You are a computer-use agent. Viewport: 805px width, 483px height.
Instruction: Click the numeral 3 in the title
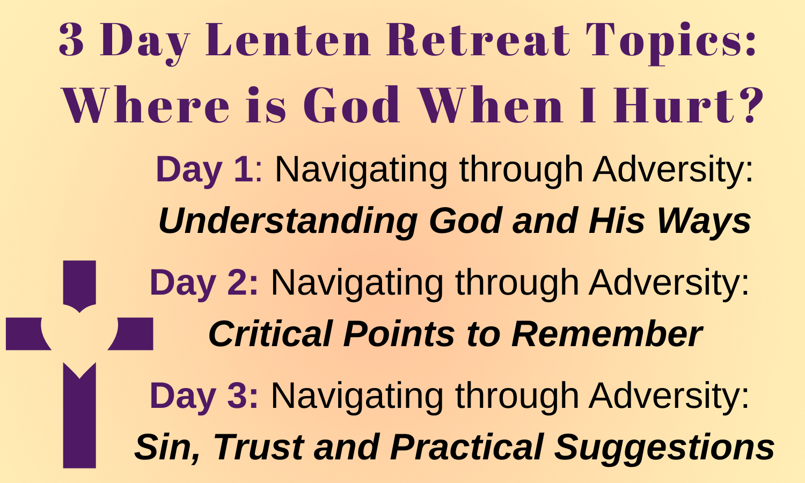click(71, 40)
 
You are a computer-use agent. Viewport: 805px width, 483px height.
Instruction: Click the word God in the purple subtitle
click(352, 105)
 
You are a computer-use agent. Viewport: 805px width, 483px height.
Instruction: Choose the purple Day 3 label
click(204, 397)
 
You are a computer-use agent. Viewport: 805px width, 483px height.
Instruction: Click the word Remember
click(607, 333)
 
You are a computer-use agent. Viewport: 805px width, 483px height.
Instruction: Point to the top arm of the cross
click(79, 284)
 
